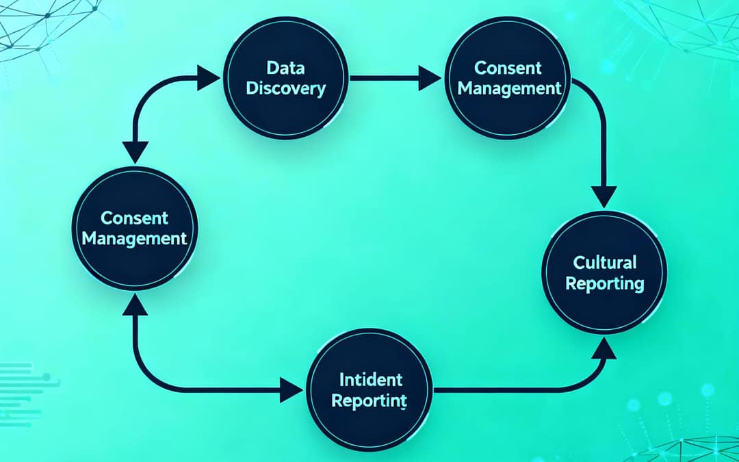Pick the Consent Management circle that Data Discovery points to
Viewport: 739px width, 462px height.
(509, 78)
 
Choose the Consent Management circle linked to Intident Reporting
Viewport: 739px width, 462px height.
(134, 228)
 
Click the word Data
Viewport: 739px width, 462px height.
(285, 68)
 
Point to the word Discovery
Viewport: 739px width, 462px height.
(285, 88)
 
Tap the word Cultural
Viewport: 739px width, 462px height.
(605, 263)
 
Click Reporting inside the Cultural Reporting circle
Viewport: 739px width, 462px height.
(605, 283)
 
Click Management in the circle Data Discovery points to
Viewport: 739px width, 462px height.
(509, 88)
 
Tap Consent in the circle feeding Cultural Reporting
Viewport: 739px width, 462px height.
(508, 68)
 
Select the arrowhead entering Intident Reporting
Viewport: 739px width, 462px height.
(292, 391)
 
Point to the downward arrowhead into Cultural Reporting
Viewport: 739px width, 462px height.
(604, 196)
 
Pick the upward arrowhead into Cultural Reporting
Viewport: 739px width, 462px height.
(604, 348)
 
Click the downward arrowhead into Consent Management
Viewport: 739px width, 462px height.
(134, 152)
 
